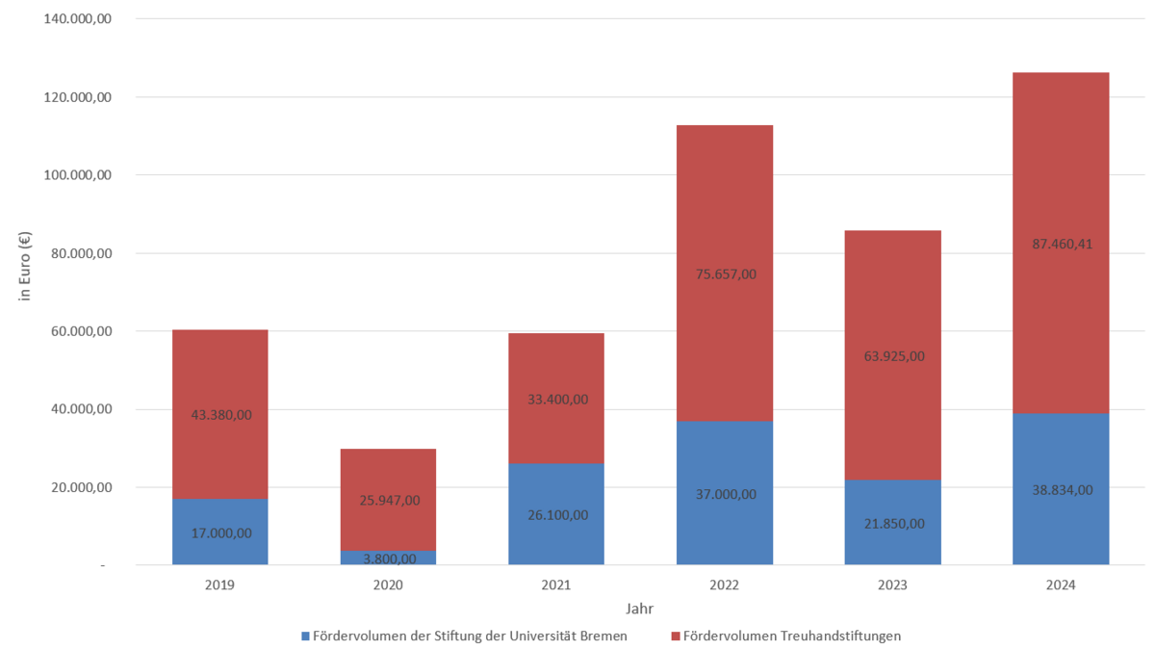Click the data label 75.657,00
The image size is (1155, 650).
(724, 273)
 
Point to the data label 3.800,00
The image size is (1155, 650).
(388, 559)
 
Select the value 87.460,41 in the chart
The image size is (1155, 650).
(1060, 244)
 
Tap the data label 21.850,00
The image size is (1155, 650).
(892, 524)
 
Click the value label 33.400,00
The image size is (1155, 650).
(555, 399)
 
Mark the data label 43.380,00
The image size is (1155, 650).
(219, 414)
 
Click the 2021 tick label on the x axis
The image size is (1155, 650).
(555, 585)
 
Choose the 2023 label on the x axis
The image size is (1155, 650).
(892, 585)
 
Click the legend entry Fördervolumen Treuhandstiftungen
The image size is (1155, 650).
(791, 636)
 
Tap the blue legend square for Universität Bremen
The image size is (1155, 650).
(306, 636)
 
